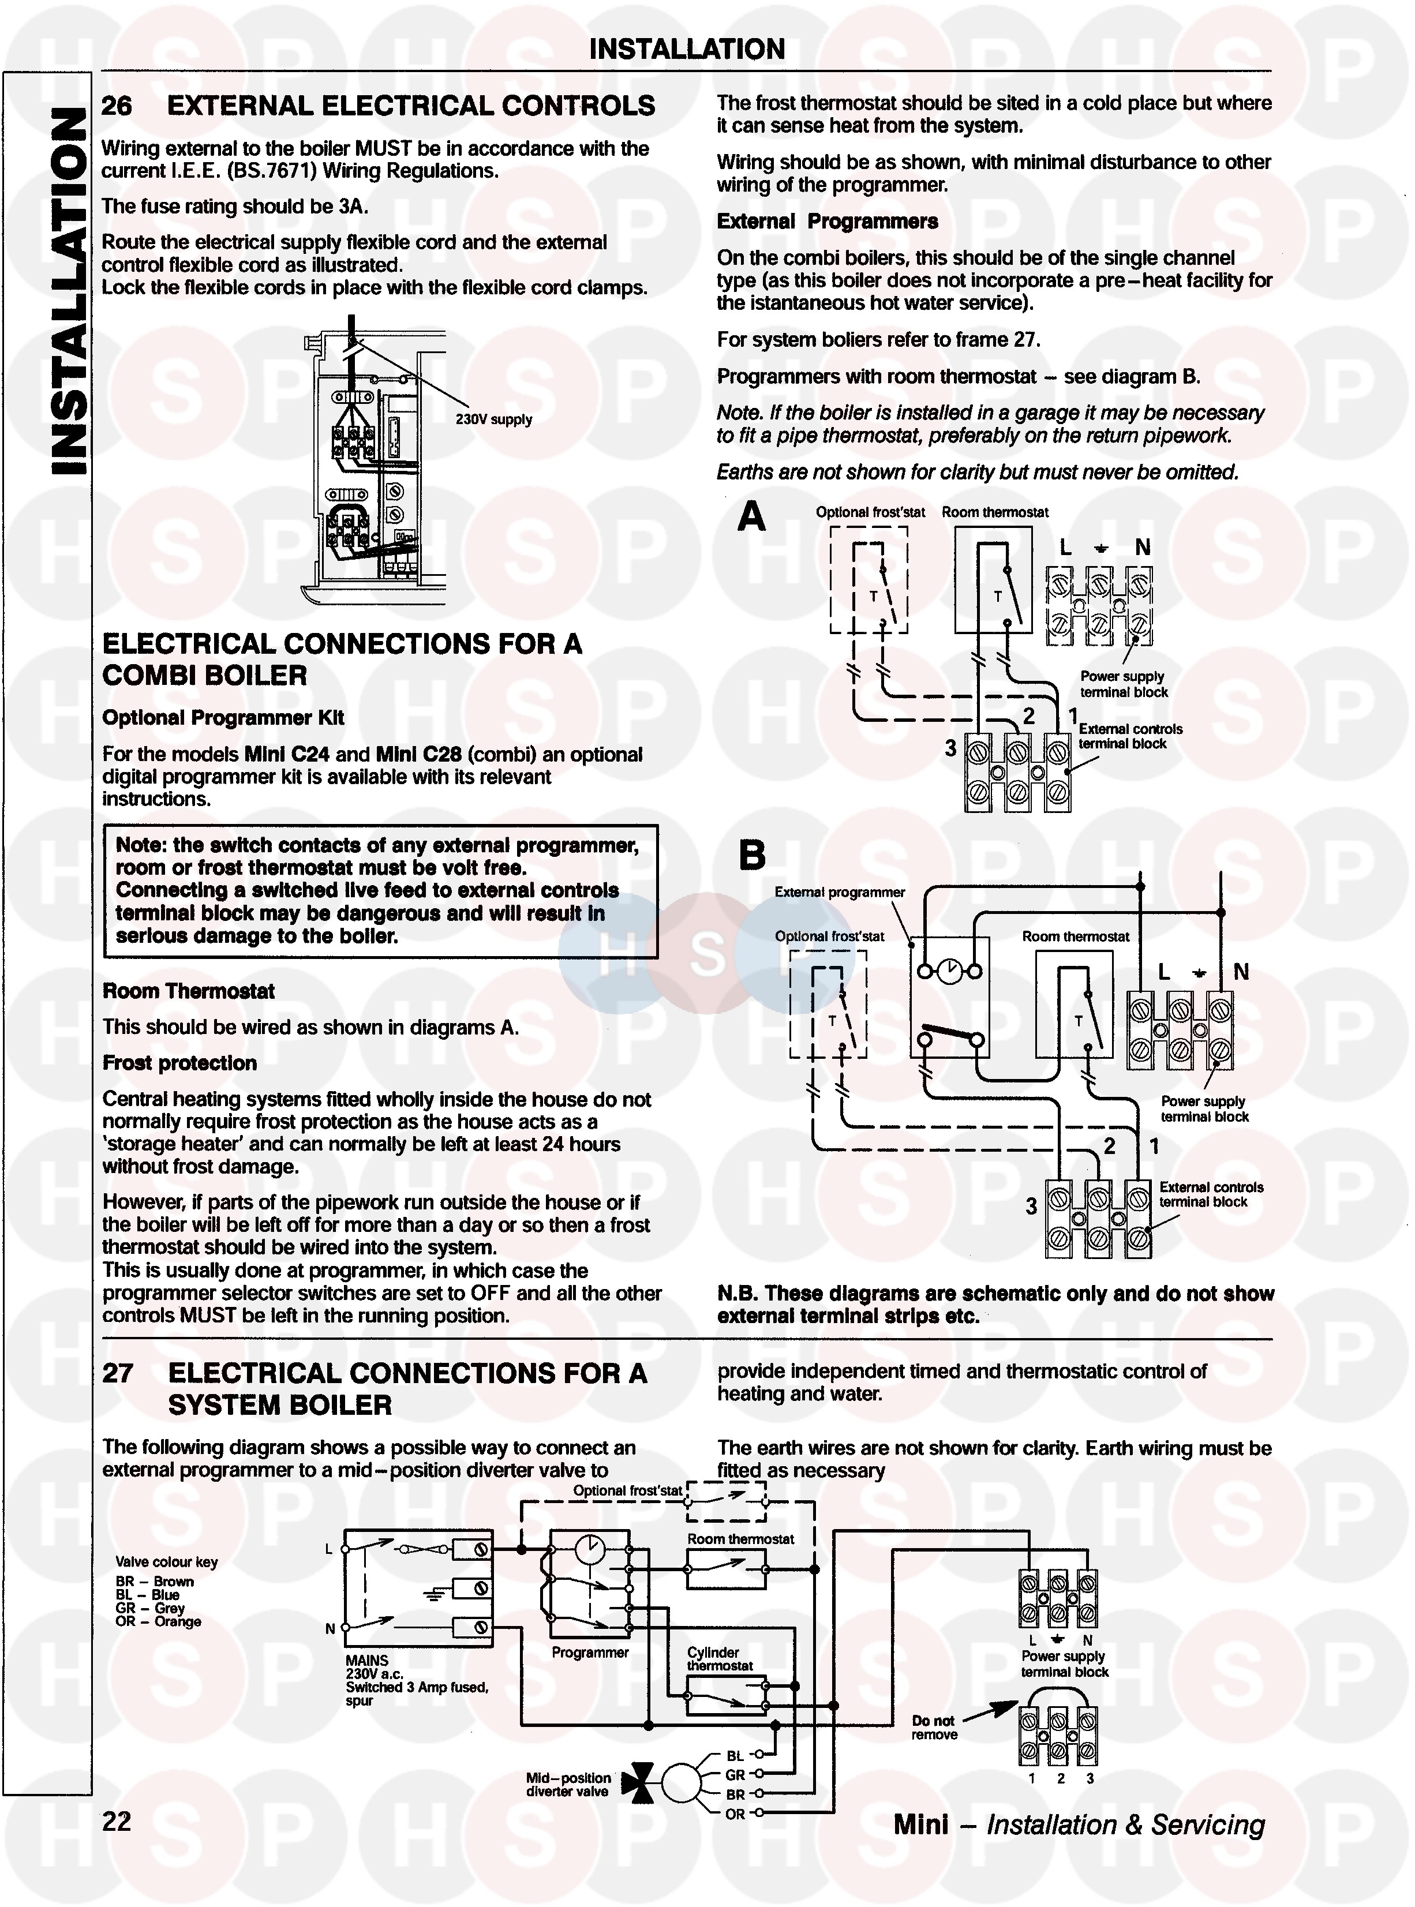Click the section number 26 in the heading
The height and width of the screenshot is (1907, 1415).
tap(117, 106)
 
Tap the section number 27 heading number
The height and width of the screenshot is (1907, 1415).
tap(117, 1373)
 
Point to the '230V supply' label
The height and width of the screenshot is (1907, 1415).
tap(493, 419)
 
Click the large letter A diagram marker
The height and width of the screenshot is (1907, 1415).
tap(751, 516)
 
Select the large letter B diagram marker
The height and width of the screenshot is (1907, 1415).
tap(752, 855)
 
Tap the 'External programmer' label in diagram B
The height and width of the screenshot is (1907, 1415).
tap(840, 892)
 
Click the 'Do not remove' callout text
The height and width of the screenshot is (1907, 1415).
tap(934, 1727)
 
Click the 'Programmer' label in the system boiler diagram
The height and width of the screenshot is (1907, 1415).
tap(590, 1653)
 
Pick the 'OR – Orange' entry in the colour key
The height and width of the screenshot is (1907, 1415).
tap(159, 1621)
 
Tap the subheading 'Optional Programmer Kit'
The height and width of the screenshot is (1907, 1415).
tap(223, 718)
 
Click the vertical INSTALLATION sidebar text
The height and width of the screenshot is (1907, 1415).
tap(69, 291)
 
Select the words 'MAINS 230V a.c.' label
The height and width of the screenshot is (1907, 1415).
tap(368, 1666)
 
